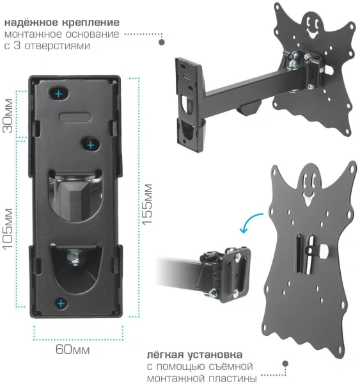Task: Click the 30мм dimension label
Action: [8, 116]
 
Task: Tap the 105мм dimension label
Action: [8, 229]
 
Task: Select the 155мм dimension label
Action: [148, 204]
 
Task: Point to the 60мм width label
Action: [73, 349]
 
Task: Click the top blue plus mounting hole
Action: [58, 94]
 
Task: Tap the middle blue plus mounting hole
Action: [91, 145]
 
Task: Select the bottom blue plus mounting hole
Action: [61, 303]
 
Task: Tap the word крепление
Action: [91, 23]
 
